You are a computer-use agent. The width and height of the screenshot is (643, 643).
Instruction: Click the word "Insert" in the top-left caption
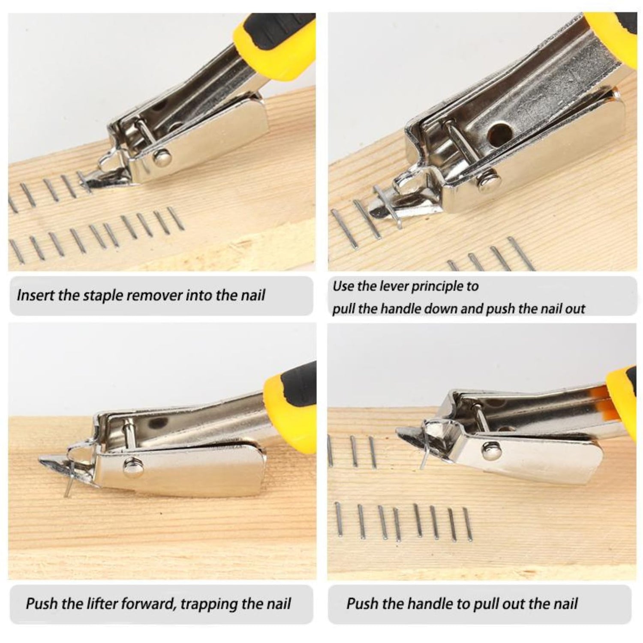click(x=35, y=296)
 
